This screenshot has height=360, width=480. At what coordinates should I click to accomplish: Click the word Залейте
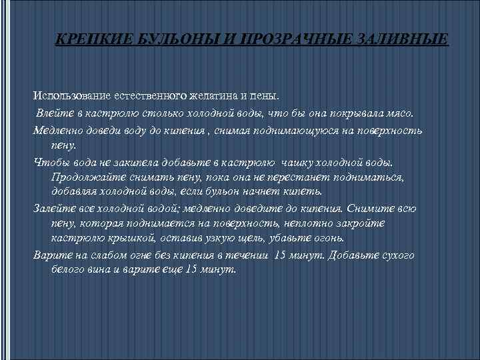[x=53, y=208]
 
